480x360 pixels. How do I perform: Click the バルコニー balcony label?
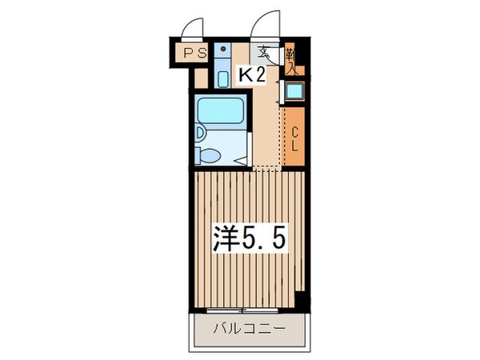[249, 328]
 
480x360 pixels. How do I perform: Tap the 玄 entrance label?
[263, 54]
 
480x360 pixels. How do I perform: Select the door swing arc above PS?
[195, 29]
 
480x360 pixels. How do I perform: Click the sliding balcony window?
[238, 308]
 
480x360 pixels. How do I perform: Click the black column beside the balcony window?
[302, 302]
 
